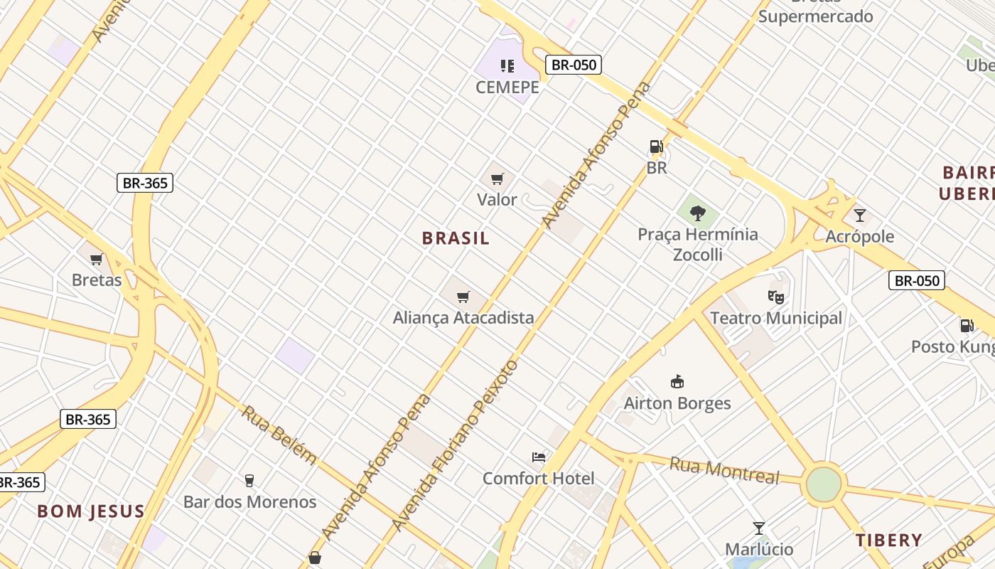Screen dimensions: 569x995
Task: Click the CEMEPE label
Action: [x=507, y=87]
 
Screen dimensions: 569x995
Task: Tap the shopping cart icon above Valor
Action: [x=497, y=179]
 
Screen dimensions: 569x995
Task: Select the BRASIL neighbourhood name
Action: [x=456, y=238]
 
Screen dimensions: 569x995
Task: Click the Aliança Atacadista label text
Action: [x=463, y=318]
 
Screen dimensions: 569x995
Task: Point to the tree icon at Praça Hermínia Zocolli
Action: [x=698, y=212]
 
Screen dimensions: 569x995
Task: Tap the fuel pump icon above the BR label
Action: [x=656, y=147]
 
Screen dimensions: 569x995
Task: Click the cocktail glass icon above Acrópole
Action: [x=860, y=215]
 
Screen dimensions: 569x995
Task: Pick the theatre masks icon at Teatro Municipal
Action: [x=775, y=297]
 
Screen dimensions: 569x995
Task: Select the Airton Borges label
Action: [x=677, y=403]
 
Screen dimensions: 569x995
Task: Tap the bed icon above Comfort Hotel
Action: [x=539, y=457]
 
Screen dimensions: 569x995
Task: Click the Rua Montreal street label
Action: [x=724, y=471]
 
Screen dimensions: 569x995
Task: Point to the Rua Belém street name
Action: [x=278, y=434]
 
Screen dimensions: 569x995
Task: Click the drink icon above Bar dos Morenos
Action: [x=249, y=480]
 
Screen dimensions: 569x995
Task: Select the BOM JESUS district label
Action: [x=91, y=511]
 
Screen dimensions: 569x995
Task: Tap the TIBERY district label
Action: [x=888, y=540]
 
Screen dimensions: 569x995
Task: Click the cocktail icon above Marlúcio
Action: [x=759, y=528]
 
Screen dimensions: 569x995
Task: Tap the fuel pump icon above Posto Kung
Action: [x=967, y=326]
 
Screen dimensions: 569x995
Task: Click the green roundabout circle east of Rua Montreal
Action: [x=824, y=484]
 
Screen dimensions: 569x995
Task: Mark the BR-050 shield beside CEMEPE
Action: [x=574, y=65]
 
